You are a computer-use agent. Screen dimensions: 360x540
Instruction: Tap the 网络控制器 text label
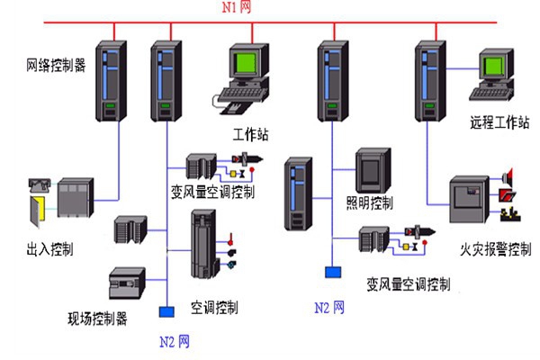tap(56, 66)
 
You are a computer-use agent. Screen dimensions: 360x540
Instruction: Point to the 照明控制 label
tap(370, 202)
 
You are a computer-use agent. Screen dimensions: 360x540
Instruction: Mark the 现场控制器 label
tap(97, 318)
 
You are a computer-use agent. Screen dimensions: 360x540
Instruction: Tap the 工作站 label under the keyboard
tap(251, 135)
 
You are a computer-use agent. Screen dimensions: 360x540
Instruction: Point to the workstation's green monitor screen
tap(247, 64)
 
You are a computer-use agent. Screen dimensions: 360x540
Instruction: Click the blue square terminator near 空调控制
tap(166, 311)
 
